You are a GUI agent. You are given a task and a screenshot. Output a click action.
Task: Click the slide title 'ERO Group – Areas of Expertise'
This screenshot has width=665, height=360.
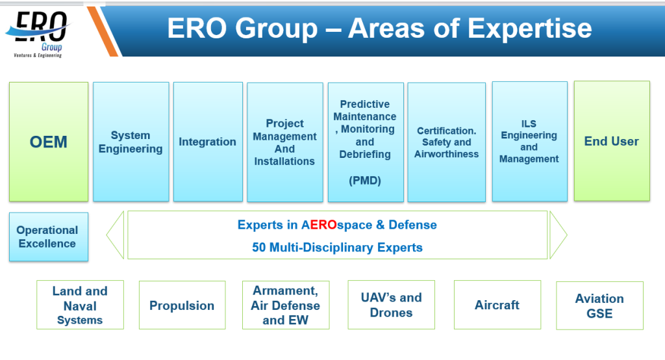click(379, 29)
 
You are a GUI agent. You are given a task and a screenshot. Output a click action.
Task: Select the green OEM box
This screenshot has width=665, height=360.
click(49, 141)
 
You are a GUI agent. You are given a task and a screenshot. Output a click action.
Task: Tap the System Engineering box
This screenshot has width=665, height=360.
click(131, 141)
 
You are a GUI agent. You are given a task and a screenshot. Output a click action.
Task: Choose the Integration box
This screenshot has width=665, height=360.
click(208, 141)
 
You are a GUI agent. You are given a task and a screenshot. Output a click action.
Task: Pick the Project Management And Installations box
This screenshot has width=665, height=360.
click(284, 141)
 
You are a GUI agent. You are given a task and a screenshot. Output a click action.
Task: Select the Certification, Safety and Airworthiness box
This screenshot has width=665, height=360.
click(446, 141)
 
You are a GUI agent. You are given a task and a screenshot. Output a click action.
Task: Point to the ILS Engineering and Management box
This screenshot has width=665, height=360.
click(529, 141)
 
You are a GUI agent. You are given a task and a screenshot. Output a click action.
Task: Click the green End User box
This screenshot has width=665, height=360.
click(611, 141)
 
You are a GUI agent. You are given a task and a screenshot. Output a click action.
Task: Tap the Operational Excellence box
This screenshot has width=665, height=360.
click(48, 237)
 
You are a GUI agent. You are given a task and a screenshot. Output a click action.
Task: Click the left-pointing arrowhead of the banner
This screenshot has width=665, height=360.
click(115, 235)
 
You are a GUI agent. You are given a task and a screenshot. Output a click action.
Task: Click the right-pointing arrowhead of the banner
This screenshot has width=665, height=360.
click(558, 235)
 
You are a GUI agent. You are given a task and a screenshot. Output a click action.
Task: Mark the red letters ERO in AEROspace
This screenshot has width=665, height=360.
click(323, 225)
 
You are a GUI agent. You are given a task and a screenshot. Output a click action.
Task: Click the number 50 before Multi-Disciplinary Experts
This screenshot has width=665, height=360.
click(258, 248)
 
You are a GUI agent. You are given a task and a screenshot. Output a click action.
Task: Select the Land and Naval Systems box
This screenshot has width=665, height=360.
click(80, 305)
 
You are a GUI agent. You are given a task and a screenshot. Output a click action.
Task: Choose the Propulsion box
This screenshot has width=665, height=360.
click(182, 305)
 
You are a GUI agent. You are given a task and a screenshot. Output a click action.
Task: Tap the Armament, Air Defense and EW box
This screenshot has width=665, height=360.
click(286, 305)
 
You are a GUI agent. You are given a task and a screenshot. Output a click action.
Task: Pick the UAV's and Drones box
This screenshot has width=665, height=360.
click(391, 305)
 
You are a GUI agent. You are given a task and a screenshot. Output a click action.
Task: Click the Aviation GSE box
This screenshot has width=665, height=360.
click(599, 305)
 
